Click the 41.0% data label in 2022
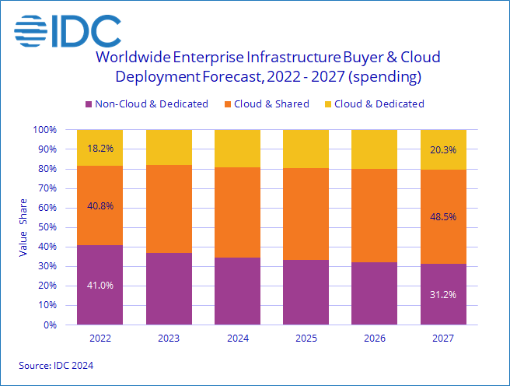click(100, 285)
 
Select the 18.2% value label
click(100, 148)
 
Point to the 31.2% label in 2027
click(443, 294)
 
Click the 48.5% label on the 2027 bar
click(443, 219)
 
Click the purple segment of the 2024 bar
click(237, 291)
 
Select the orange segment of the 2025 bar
click(306, 213)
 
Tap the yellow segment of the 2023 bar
click(169, 147)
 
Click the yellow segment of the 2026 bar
click(374, 149)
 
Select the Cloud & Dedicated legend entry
click(372, 104)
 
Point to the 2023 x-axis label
click(169, 339)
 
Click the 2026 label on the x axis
click(374, 339)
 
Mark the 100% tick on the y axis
click(45, 130)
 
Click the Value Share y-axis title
click(23, 227)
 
